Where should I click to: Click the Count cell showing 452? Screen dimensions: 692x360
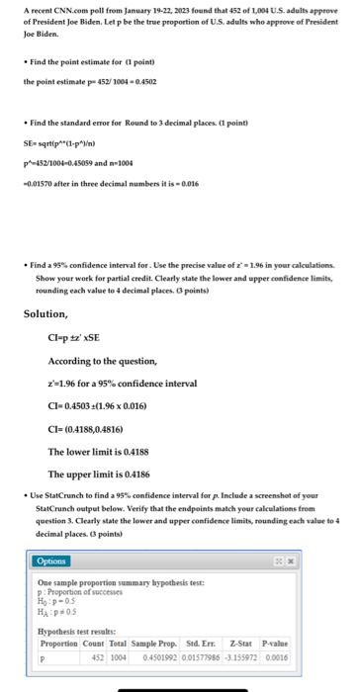point(99,655)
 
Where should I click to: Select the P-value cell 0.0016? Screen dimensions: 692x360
point(315,655)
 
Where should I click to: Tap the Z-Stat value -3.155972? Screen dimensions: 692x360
point(270,655)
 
